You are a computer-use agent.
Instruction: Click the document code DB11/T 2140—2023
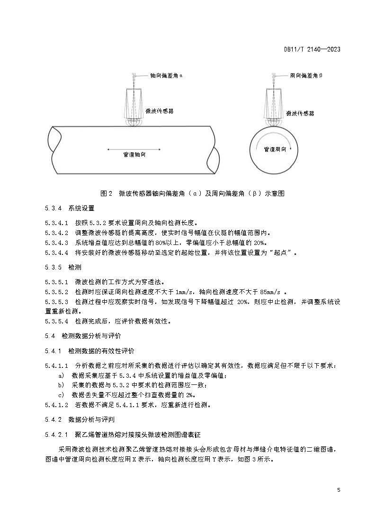[313, 49]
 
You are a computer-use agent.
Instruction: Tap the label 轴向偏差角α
[166, 75]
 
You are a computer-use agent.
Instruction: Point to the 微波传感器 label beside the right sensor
[300, 113]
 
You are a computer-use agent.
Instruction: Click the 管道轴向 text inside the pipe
[134, 155]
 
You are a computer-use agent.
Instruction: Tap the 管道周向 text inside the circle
[275, 149]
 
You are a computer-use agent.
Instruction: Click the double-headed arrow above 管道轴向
[134, 149]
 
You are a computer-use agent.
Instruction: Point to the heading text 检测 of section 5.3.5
[75, 267]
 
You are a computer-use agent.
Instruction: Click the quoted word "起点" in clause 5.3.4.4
[283, 253]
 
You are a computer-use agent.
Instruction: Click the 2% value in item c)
[190, 395]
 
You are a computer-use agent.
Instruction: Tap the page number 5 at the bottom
[339, 489]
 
